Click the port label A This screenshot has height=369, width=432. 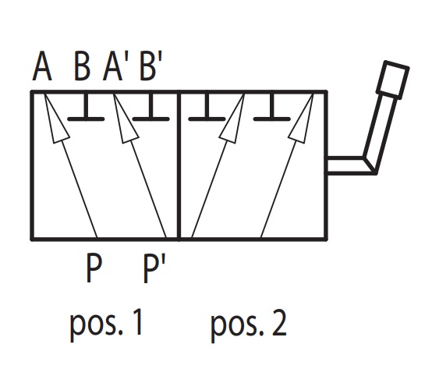tap(42, 66)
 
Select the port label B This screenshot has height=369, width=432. tap(82, 66)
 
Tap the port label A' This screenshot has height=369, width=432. tap(115, 66)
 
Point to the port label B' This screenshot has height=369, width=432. tap(150, 66)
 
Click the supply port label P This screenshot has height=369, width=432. tap(94, 268)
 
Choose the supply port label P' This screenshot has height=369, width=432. tap(154, 268)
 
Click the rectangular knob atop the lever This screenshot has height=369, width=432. tap(392, 80)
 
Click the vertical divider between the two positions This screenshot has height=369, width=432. tap(179, 165)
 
